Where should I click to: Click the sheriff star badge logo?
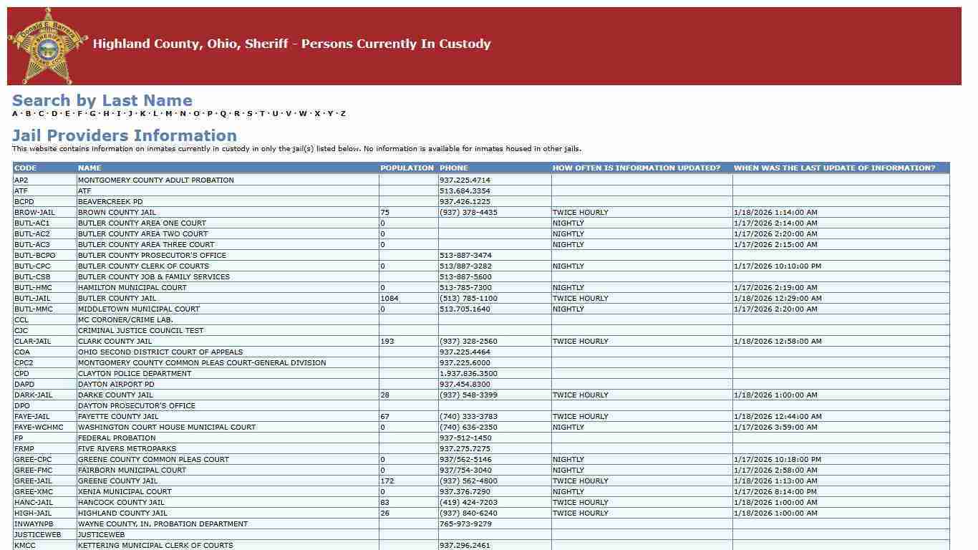pos(48,47)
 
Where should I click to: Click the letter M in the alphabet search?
pos(169,114)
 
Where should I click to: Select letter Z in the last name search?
pos(343,114)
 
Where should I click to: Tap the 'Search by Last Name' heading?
pos(102,101)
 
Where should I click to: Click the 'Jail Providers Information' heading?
pos(125,136)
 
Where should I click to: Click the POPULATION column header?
pos(407,168)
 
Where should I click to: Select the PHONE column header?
pos(454,168)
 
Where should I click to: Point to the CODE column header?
pos(25,168)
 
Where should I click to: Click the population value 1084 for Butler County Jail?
pos(389,299)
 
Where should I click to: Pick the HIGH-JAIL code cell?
pos(33,513)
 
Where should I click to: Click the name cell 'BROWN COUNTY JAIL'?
pos(117,213)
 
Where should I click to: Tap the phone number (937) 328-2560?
pos(468,342)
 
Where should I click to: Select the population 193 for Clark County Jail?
pos(387,342)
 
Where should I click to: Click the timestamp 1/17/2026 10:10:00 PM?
pos(778,266)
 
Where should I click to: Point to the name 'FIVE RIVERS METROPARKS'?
pos(127,449)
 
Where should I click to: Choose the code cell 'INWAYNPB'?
pos(34,524)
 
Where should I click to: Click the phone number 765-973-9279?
pos(465,524)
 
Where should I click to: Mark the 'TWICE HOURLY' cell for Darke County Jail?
pos(580,395)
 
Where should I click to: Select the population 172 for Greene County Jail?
pos(387,481)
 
